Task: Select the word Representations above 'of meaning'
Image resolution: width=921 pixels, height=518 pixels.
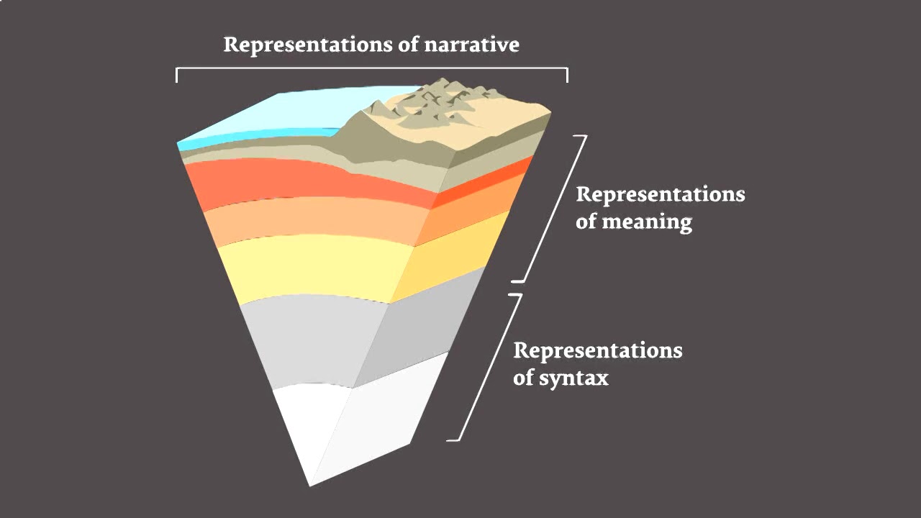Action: (660, 195)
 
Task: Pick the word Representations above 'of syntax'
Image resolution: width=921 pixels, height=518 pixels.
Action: (597, 351)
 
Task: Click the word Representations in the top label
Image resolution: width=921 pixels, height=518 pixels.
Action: (308, 45)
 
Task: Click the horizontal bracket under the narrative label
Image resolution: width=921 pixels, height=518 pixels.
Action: (371, 70)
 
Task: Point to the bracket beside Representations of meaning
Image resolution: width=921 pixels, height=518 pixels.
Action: (554, 209)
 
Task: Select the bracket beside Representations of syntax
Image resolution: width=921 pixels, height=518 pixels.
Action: (489, 367)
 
